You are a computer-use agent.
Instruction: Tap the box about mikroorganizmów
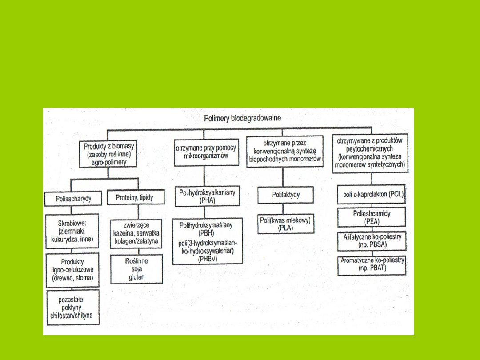pos(205,152)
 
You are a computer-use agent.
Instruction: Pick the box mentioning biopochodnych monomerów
pos(285,151)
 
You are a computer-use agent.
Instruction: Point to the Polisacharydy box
pos(74,198)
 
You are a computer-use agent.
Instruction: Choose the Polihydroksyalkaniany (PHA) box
pos(207,196)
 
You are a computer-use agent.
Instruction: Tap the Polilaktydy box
pos(285,195)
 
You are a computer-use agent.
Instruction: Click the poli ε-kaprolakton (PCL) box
pos(371,196)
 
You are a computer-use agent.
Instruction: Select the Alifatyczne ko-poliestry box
pos(372,240)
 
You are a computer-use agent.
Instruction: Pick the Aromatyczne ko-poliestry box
pos(372,265)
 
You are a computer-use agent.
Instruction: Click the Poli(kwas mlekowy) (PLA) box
pos(285,224)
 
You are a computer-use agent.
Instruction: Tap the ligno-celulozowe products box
pos(72,270)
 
